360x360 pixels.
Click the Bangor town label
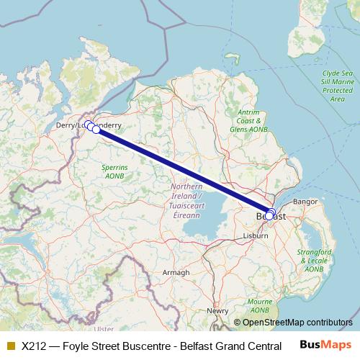(x=305, y=201)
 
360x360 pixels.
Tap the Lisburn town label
(x=256, y=235)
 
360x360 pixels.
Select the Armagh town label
(x=176, y=272)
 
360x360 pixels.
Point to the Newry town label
(x=218, y=310)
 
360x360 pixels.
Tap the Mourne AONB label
(x=260, y=305)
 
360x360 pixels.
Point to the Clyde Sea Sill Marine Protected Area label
(x=337, y=86)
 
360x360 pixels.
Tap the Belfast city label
(x=271, y=216)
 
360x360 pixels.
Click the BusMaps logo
(x=325, y=345)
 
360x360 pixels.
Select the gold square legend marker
(x=10, y=346)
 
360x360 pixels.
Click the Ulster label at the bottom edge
(x=104, y=329)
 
